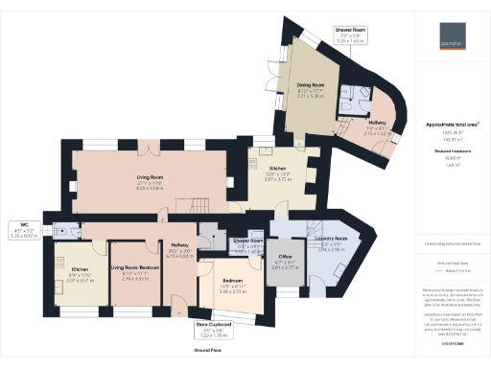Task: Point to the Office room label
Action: point(284,257)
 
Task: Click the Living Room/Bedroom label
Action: point(134,268)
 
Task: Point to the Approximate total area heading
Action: point(450,124)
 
